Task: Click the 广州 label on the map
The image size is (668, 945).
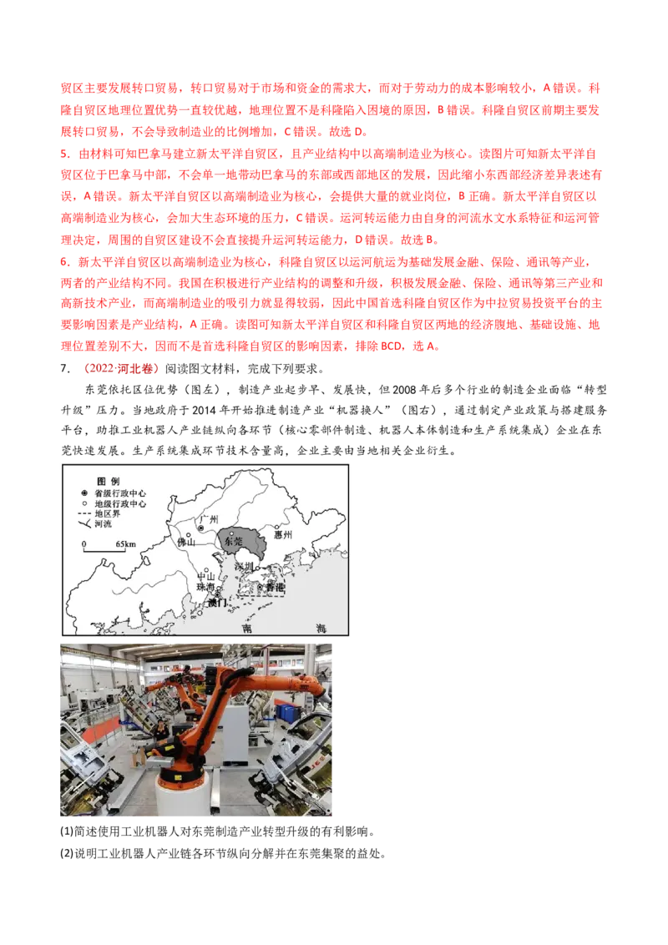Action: [x=208, y=518]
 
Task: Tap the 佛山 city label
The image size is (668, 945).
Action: [x=186, y=543]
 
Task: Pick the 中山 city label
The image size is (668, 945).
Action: [x=203, y=575]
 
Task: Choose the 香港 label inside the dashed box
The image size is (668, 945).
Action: [x=273, y=589]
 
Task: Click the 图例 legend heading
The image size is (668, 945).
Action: [x=109, y=482]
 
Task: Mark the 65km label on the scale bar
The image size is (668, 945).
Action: [x=125, y=544]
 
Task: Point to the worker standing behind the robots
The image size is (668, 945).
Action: [x=159, y=731]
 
